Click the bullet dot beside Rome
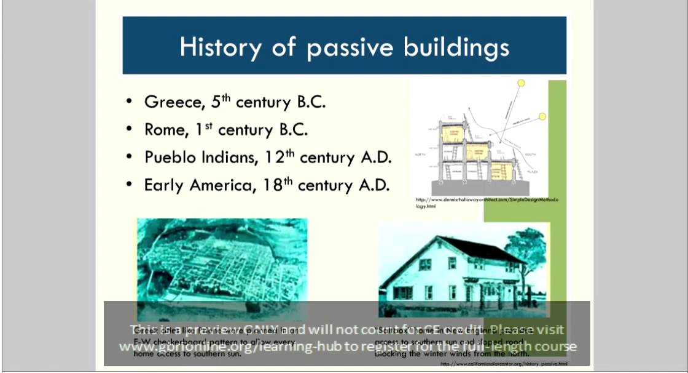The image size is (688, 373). [129, 130]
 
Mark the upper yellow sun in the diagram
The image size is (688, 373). [521, 82]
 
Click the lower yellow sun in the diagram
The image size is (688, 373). [543, 116]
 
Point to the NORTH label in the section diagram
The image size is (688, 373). [421, 154]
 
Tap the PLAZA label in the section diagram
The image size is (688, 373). [532, 172]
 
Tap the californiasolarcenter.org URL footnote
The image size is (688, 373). [504, 364]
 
